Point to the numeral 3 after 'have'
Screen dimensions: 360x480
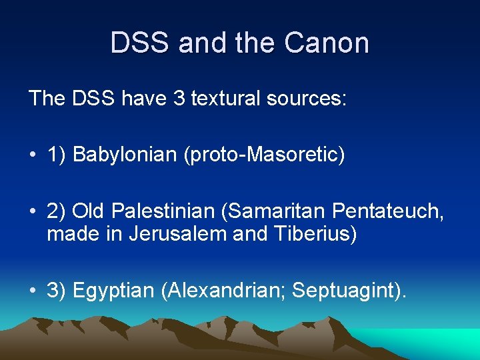click(178, 99)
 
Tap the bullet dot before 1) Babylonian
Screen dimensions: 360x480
click(33, 156)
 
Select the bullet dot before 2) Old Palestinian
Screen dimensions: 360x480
click(33, 213)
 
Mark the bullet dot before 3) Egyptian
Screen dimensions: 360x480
click(33, 291)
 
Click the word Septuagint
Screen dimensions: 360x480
click(346, 291)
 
